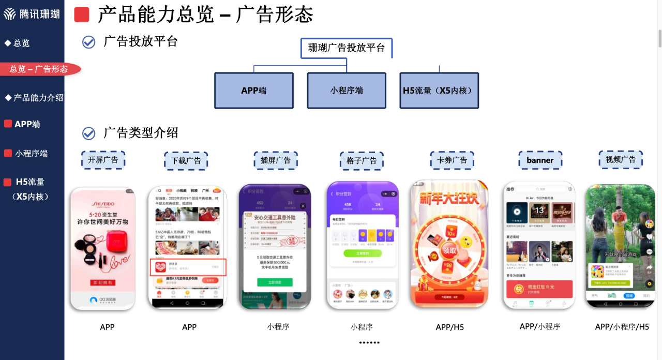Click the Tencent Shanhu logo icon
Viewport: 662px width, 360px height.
click(10, 14)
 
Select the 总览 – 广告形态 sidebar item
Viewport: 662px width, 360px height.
click(39, 69)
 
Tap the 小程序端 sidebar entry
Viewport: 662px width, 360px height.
click(31, 153)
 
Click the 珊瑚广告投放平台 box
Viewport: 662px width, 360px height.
click(347, 48)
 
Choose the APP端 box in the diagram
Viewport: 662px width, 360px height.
click(253, 90)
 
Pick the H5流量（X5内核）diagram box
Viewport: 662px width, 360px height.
click(439, 90)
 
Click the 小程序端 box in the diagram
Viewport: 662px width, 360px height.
click(347, 90)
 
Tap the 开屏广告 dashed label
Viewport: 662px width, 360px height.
click(103, 160)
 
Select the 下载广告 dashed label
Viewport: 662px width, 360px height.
click(186, 161)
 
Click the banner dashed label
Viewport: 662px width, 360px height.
click(540, 160)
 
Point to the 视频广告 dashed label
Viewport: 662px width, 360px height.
click(621, 160)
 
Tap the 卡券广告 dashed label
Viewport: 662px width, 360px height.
click(452, 160)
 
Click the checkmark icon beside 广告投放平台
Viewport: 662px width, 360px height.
click(89, 42)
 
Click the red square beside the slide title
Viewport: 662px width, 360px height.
click(82, 14)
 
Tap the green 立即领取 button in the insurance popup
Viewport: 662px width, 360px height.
click(275, 282)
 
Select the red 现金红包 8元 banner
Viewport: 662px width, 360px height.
click(539, 289)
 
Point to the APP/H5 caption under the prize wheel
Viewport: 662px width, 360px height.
click(449, 327)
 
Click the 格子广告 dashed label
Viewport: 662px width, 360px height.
click(362, 161)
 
